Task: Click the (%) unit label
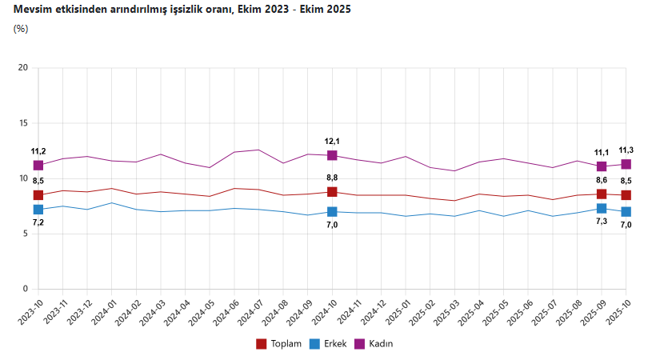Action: (x=21, y=29)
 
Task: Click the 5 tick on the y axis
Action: (x=25, y=234)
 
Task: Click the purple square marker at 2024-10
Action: (x=332, y=155)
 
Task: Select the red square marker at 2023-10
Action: (x=38, y=195)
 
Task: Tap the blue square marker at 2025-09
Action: (x=602, y=209)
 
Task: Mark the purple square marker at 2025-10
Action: (x=626, y=164)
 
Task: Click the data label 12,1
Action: (x=332, y=141)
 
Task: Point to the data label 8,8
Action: (x=332, y=178)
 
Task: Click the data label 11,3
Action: (x=626, y=150)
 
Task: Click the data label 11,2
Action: (x=38, y=151)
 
